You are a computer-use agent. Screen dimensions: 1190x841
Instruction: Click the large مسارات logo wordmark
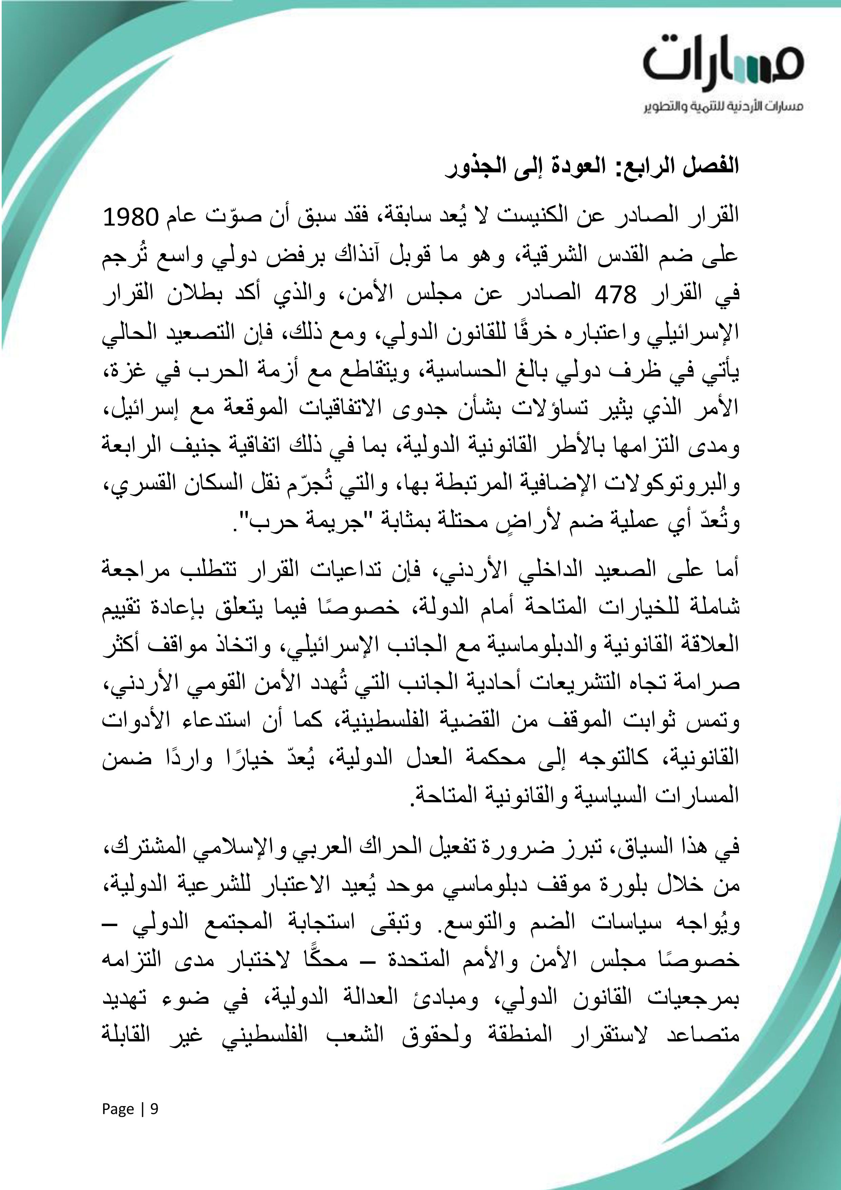[x=723, y=63]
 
